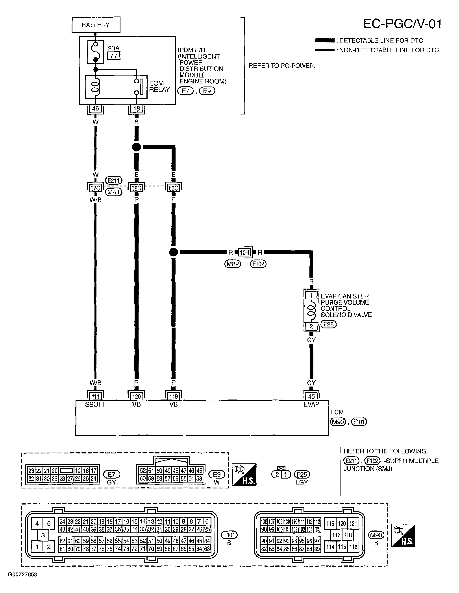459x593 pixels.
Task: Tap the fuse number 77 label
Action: [x=114, y=56]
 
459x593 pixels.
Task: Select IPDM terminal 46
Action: [x=96, y=109]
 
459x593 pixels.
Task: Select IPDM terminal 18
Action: [x=136, y=109]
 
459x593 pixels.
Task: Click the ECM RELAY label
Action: [x=159, y=86]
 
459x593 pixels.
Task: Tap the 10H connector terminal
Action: [x=244, y=252]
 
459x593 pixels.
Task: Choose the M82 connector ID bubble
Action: [x=233, y=264]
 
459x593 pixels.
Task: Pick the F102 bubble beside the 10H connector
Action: [x=258, y=264]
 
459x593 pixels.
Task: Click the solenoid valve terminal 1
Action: [x=311, y=295]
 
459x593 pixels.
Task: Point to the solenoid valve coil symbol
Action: [x=312, y=311]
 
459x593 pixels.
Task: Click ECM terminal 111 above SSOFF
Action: [x=95, y=396]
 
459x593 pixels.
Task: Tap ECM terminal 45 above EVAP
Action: [x=311, y=396]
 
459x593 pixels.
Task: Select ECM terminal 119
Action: [x=174, y=396]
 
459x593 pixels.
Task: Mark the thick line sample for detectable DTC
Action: [x=325, y=41]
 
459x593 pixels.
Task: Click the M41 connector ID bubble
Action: [x=114, y=192]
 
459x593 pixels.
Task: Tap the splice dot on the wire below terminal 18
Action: [x=136, y=147]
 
